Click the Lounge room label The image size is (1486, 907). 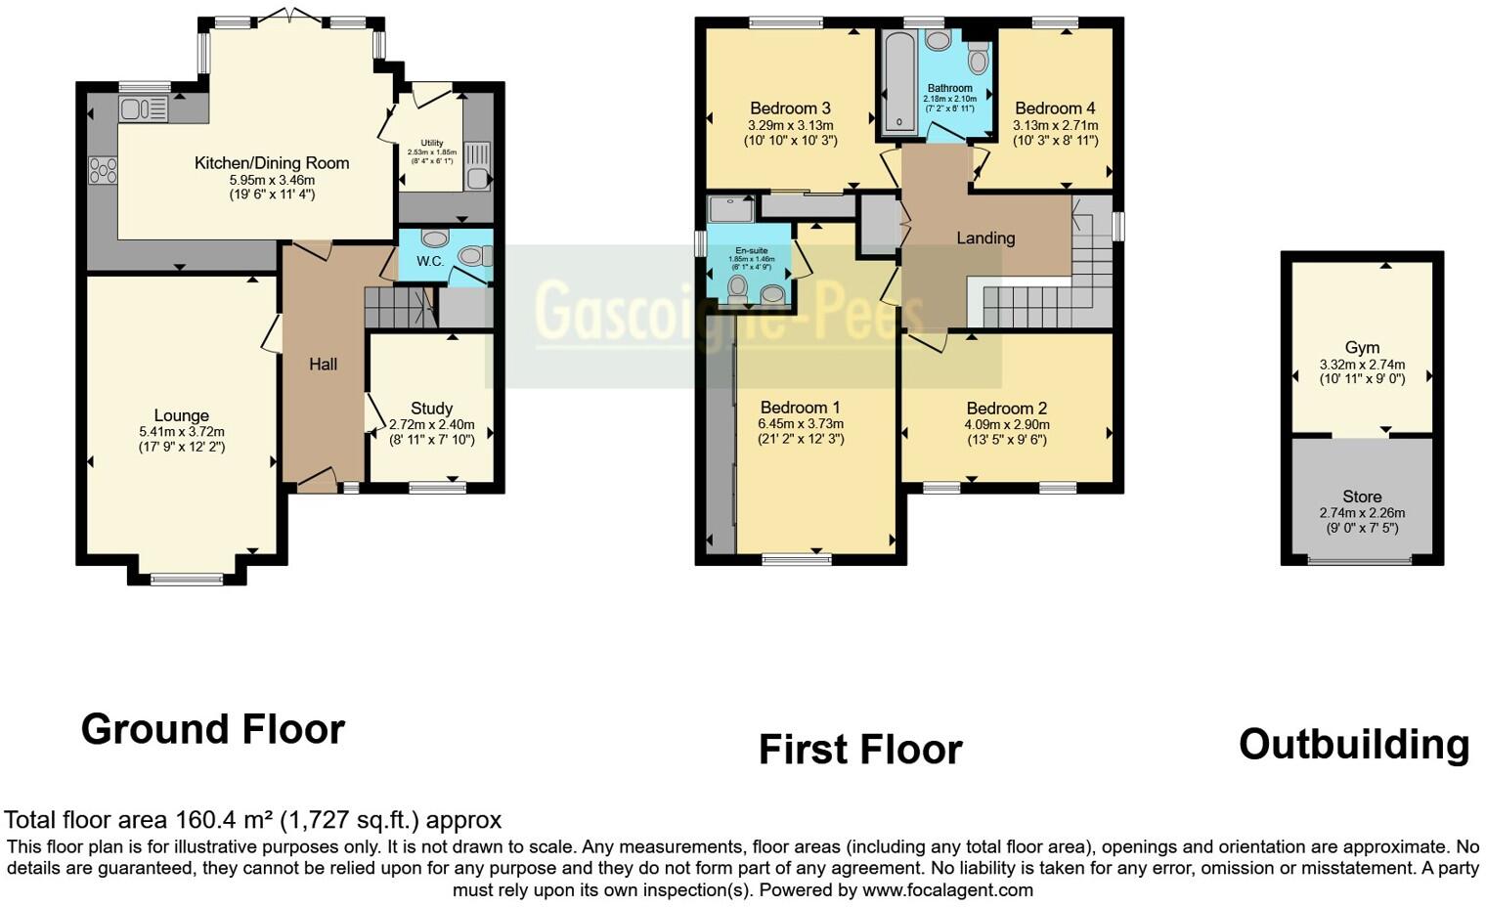181,415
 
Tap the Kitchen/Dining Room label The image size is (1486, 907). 272,163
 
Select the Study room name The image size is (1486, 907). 431,409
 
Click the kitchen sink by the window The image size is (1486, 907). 143,109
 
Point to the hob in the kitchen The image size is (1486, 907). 103,170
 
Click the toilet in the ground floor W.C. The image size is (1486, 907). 472,256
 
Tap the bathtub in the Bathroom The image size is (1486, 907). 895,83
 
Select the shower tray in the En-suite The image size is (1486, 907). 730,208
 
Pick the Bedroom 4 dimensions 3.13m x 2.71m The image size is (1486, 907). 1055,125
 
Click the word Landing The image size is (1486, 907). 985,238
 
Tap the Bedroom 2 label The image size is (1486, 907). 1007,409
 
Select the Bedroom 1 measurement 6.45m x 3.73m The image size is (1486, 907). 800,423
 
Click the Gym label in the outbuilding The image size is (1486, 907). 1362,347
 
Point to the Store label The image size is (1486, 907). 1362,497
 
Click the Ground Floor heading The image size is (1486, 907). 213,729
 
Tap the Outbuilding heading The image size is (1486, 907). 1354,745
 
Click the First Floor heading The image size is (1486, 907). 860,750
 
